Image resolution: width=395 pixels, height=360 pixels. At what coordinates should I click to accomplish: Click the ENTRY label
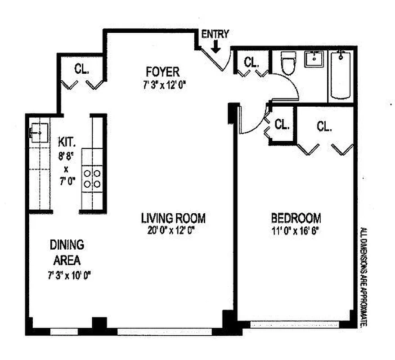[x=215, y=34]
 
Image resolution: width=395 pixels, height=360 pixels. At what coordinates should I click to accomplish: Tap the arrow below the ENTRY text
[x=215, y=45]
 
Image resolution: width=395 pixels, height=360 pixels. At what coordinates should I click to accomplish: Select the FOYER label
[x=162, y=72]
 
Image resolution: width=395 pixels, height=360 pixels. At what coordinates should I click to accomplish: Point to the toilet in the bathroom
[x=287, y=63]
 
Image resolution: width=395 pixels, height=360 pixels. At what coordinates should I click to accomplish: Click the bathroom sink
[x=314, y=59]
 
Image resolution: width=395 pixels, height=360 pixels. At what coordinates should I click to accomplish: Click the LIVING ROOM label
[x=173, y=219]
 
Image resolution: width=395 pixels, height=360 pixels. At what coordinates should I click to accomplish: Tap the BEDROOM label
[x=296, y=219]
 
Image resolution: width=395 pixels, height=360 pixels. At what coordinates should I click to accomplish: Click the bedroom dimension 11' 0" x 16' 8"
[x=296, y=230]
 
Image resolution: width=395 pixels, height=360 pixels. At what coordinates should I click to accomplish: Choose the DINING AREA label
[x=67, y=252]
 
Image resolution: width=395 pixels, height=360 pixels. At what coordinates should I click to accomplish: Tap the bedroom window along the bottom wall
[x=295, y=324]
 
